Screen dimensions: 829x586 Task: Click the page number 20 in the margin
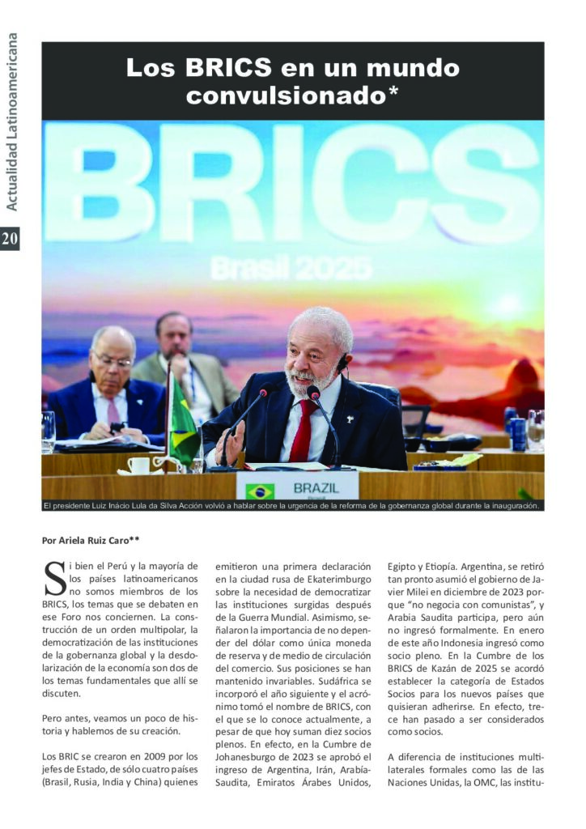tap(10, 238)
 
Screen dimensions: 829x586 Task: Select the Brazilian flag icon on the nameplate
tap(260, 491)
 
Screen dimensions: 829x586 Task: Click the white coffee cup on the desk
tap(138, 465)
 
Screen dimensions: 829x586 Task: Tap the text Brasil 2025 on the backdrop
tap(291, 267)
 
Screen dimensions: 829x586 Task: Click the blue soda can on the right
tap(518, 434)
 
